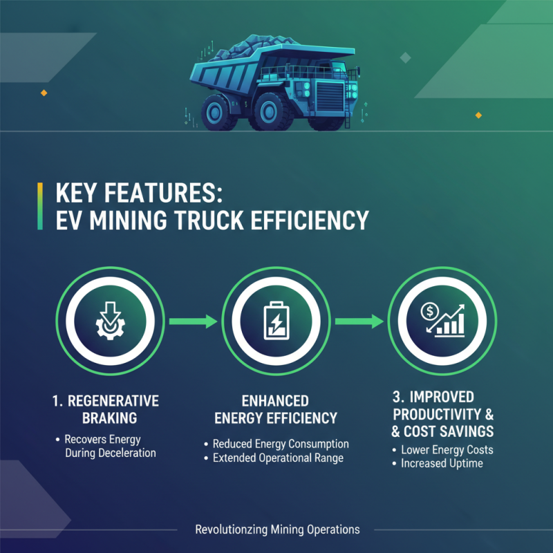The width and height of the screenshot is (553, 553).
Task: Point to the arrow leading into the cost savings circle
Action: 359,321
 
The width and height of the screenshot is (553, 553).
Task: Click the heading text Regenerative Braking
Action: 106,409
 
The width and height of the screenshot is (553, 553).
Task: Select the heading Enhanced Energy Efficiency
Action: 276,409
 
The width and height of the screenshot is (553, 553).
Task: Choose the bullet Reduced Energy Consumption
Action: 280,444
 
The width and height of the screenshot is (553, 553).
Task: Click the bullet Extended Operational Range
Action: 278,458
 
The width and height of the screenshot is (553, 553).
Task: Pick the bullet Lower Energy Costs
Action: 447,450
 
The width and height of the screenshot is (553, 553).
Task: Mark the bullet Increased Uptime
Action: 442,463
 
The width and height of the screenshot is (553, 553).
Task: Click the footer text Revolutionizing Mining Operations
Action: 277,529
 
